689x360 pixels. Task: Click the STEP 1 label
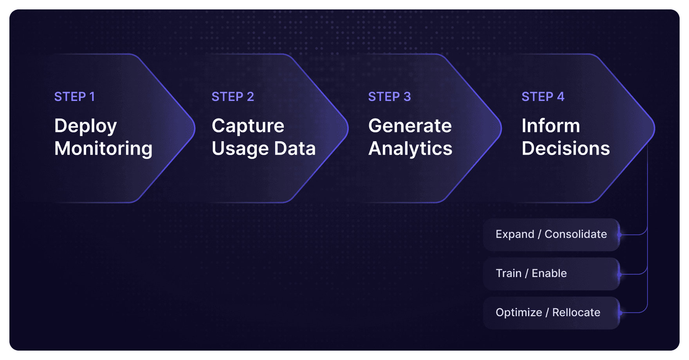coord(74,97)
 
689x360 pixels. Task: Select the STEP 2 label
coord(233,97)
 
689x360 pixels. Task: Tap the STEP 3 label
coord(390,97)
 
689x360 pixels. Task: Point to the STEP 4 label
coord(543,97)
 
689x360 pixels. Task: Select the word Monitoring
coord(103,149)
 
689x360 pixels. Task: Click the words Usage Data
coord(263,149)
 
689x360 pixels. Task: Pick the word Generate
coord(410,126)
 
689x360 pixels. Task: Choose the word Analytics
coord(410,149)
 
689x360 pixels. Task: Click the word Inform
coord(550,126)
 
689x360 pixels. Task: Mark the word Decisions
coord(566,149)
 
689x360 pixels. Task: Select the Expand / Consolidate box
coord(551,234)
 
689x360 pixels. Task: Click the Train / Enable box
coord(551,274)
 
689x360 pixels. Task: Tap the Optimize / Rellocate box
coord(551,313)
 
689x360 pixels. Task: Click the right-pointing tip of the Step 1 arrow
coord(194,128)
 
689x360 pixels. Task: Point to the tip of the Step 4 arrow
coord(654,128)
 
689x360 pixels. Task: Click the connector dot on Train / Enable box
coord(619,275)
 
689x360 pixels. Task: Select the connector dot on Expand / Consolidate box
coord(619,235)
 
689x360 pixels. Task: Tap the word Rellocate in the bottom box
coord(576,313)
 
